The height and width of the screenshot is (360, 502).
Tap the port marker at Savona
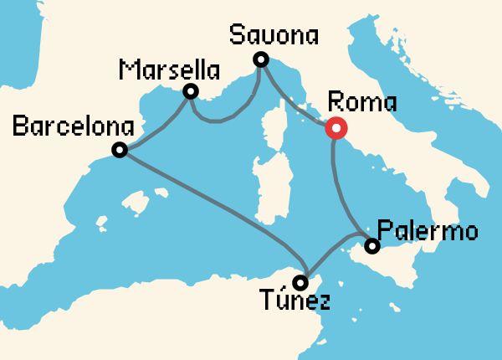[261, 59]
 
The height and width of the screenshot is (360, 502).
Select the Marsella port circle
[191, 91]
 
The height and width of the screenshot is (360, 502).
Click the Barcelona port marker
[120, 150]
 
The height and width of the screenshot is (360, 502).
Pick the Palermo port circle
[372, 246]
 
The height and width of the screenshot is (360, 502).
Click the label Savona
[274, 36]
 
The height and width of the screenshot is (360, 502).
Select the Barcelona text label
[74, 127]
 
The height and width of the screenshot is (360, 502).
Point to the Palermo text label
[428, 229]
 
